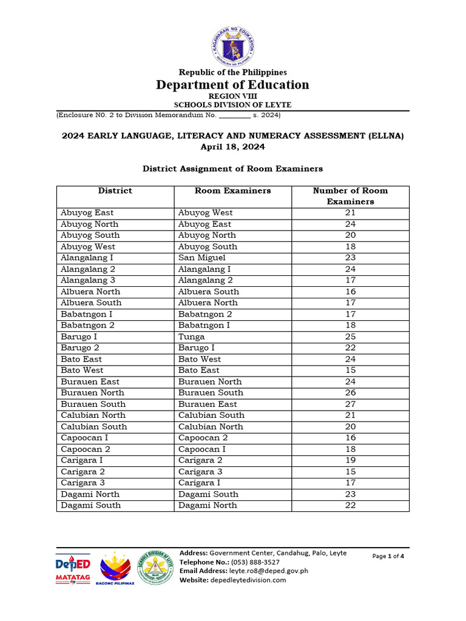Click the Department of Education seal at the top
pyautogui.click(x=233, y=46)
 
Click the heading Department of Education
pyautogui.click(x=233, y=85)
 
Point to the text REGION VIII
pyautogui.click(x=233, y=96)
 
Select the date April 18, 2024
pyautogui.click(x=233, y=147)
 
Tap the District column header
pyautogui.click(x=115, y=191)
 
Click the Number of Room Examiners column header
pyautogui.click(x=350, y=196)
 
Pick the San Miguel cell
pyautogui.click(x=201, y=258)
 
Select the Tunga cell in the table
pyautogui.click(x=192, y=337)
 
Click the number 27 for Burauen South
pyautogui.click(x=350, y=404)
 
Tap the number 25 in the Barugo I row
pyautogui.click(x=350, y=337)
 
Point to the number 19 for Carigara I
pyautogui.click(x=350, y=460)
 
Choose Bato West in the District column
pyautogui.click(x=82, y=370)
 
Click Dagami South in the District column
pyautogui.click(x=90, y=505)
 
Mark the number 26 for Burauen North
pyautogui.click(x=350, y=393)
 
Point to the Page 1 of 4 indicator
pyautogui.click(x=388, y=556)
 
